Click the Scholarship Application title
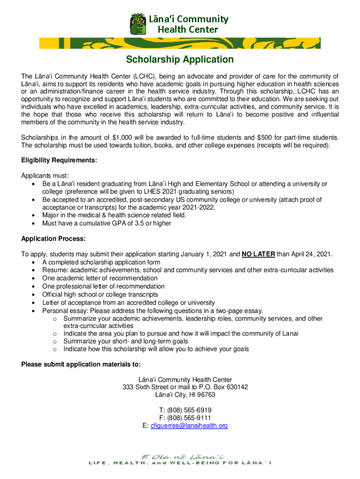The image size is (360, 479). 180,60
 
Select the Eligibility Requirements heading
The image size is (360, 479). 59,160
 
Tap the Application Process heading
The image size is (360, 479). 53,239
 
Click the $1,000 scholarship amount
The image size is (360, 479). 125,137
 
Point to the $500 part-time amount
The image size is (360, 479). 265,137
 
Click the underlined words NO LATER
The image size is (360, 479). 258,254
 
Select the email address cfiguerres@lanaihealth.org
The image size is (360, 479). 188,426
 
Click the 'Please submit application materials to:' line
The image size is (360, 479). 80,364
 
